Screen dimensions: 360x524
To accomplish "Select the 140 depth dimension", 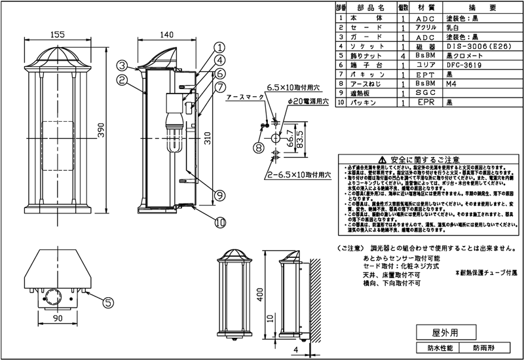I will [x=166, y=35].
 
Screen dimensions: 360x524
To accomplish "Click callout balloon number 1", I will [x=219, y=47].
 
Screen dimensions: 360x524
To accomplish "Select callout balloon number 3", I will [x=122, y=65].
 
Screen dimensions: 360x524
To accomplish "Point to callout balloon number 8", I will [x=259, y=149].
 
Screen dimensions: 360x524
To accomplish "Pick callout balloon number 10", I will [x=220, y=221].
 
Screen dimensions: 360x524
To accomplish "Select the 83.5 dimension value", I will [x=299, y=139].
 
